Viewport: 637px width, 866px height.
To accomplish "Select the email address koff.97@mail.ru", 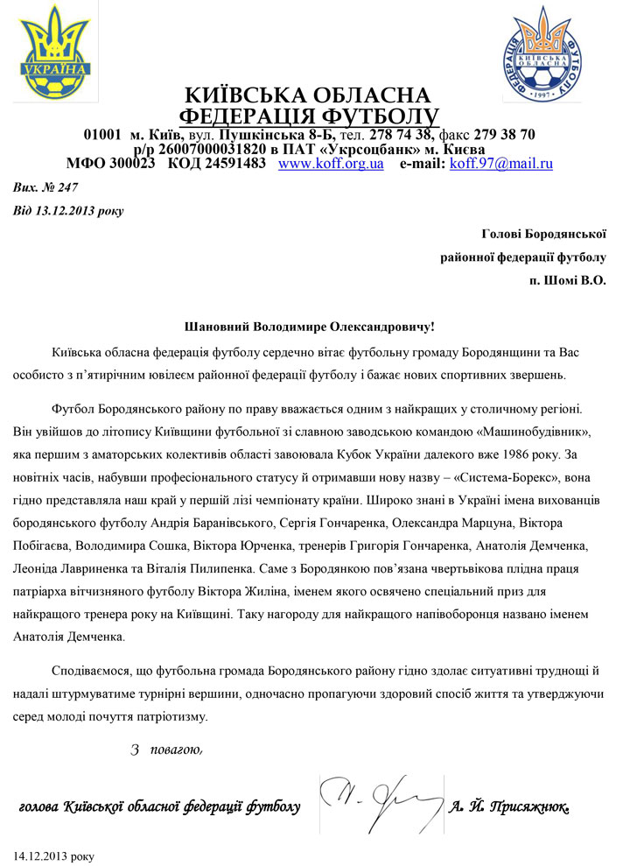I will (500, 164).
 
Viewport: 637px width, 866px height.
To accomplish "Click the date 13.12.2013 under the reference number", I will (62, 210).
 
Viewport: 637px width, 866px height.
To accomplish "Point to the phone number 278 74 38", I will (402, 135).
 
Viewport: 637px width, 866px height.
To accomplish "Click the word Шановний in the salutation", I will (216, 326).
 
